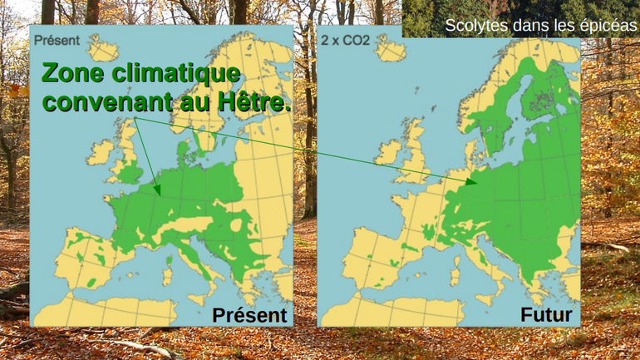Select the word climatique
click(x=177, y=74)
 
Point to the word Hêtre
click(x=252, y=104)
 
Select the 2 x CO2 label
click(x=346, y=39)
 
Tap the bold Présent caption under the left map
click(x=249, y=315)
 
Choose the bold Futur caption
click(x=545, y=315)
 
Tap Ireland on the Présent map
click(x=101, y=151)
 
